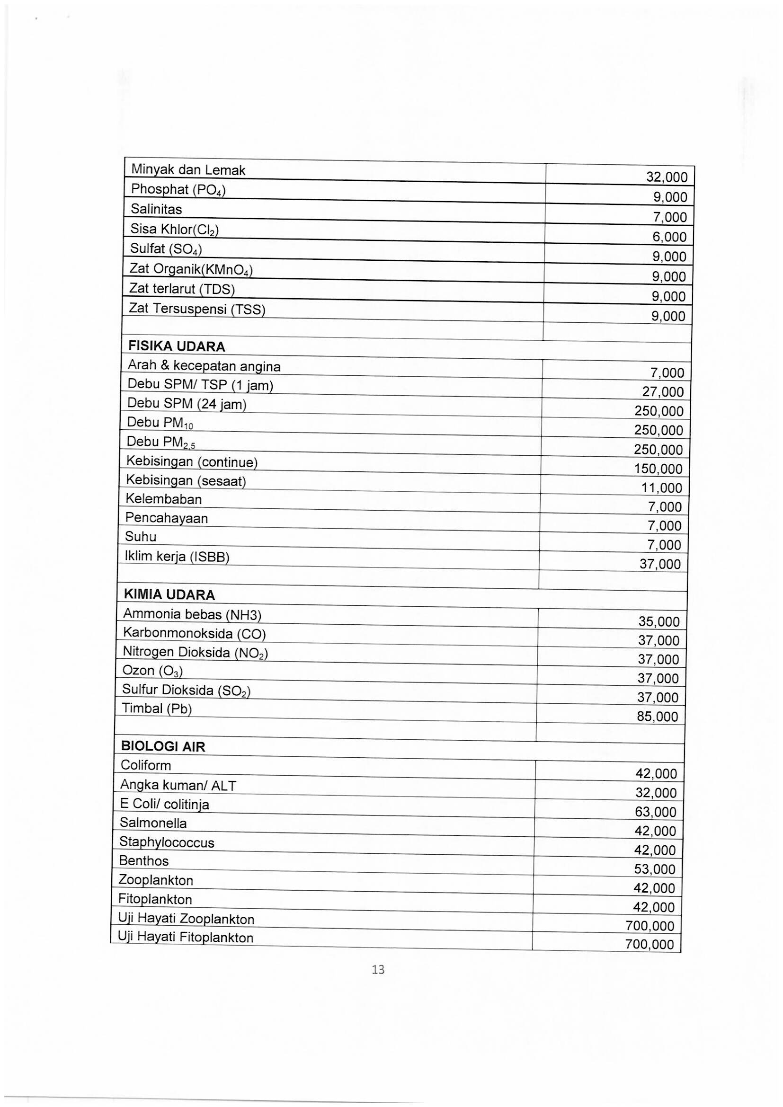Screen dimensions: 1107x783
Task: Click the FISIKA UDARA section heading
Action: coord(176,346)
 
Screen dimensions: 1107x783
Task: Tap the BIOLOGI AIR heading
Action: coord(163,747)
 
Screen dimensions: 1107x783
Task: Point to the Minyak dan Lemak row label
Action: coord(188,170)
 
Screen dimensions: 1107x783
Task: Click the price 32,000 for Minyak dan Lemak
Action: coord(667,177)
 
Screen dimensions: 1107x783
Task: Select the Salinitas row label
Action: coord(156,209)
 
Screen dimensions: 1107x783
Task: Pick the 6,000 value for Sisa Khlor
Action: coord(669,237)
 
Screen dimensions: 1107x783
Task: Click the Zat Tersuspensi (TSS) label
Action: coord(197,309)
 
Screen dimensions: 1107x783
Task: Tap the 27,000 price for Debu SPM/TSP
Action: coord(662,391)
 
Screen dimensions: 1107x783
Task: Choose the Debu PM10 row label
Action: coord(160,423)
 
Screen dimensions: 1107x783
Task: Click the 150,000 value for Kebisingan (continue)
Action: coord(658,469)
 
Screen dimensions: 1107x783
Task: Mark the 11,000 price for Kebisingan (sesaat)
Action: coord(661,488)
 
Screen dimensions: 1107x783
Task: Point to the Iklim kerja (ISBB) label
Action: coord(177,557)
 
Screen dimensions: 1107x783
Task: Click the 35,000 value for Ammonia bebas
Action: coord(658,621)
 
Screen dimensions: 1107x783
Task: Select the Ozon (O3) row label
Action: coord(152,670)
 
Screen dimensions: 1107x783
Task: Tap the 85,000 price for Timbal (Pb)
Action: coord(657,717)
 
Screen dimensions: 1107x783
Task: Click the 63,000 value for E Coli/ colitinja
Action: coord(656,812)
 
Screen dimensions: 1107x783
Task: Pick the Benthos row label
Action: coord(144,860)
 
